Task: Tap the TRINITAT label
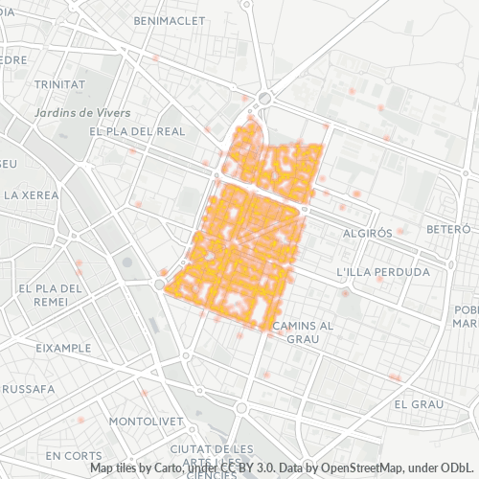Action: (59, 84)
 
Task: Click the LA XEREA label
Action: (32, 194)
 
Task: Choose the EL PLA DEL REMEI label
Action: (52, 293)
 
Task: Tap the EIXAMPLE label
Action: (62, 348)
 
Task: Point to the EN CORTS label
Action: (74, 454)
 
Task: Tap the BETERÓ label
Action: (448, 230)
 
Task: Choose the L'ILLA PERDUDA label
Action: (383, 272)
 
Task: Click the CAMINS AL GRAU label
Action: (302, 331)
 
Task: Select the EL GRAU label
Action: (418, 404)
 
